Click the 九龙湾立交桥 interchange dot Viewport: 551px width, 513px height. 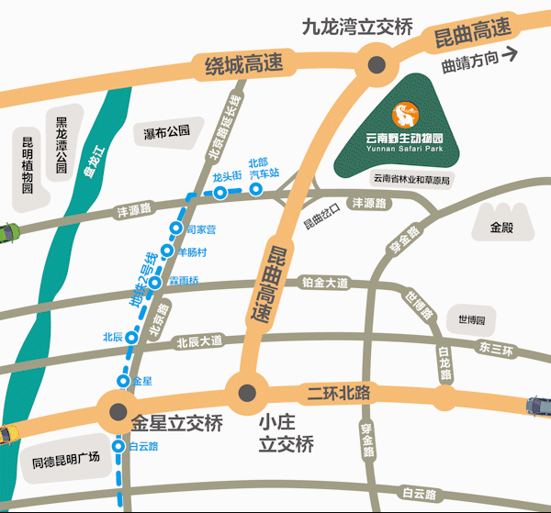pos(376,64)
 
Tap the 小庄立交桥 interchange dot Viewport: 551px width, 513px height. pos(247,394)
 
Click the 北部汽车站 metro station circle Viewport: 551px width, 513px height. pos(257,189)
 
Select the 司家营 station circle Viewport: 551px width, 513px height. pos(175,228)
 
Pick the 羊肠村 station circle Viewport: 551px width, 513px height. pos(167,251)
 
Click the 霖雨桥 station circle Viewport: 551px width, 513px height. pos(156,282)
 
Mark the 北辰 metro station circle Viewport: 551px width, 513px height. pos(132,337)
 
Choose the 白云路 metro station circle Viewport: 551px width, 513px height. pos(118,446)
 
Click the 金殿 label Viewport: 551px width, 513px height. pos(503,226)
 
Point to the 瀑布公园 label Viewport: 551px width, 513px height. pos(166,132)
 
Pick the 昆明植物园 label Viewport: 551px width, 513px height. pos(28,164)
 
